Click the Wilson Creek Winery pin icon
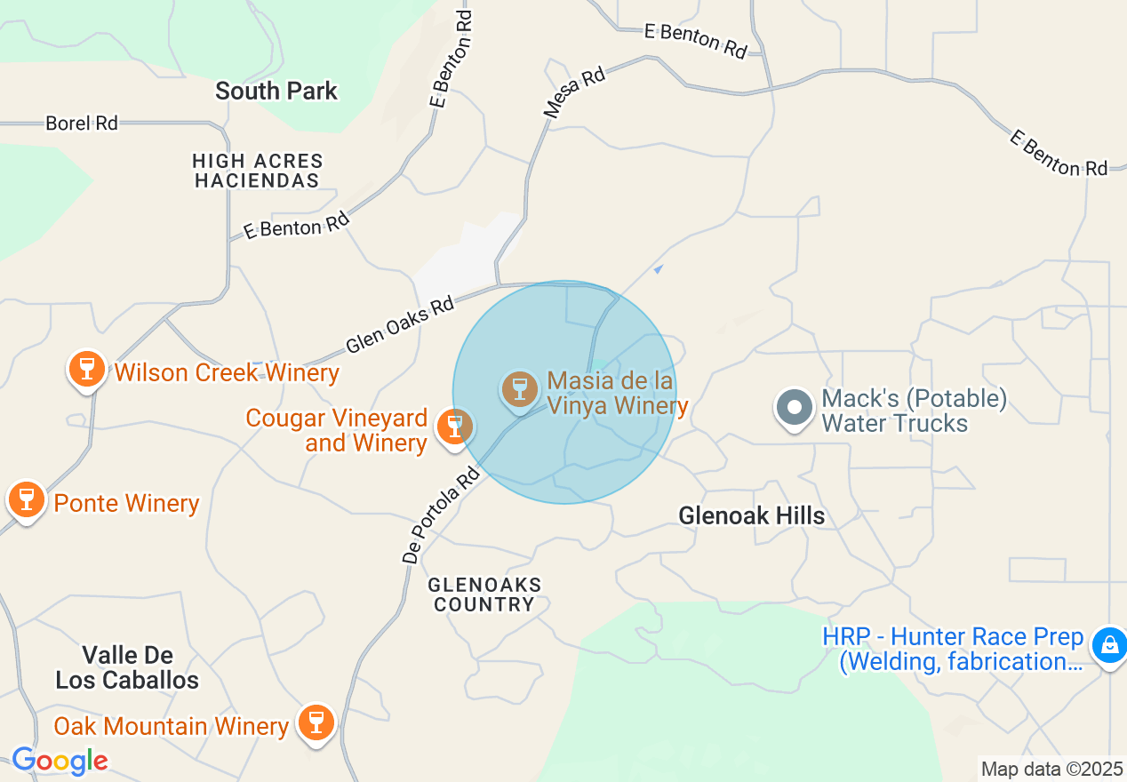86,368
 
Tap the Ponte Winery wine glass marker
26,499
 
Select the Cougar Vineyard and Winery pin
454,427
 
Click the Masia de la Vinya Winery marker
520,389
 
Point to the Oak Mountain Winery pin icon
316,722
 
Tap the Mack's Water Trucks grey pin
795,409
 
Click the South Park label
276,91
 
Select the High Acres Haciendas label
258,171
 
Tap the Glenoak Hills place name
751,515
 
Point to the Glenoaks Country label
484,594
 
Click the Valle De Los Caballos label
127,668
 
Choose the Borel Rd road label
82,124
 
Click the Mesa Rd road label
574,92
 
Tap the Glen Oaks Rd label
400,325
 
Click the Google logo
60,761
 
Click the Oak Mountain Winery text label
172,726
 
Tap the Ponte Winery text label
126,503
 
